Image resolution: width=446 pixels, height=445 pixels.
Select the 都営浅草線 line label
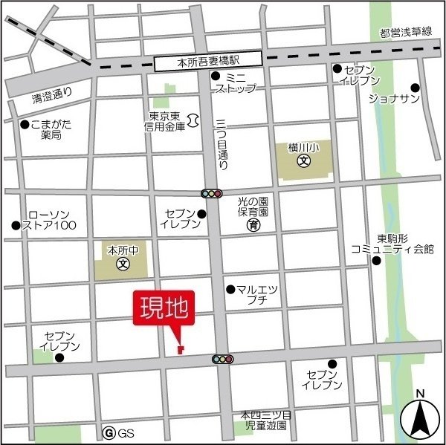coord(404,33)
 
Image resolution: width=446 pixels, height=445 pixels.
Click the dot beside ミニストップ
coord(216,76)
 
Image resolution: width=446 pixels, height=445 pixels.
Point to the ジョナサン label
coord(390,98)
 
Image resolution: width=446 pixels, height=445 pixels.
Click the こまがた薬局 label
coord(52,130)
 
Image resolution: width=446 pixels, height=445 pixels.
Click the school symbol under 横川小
coord(303,160)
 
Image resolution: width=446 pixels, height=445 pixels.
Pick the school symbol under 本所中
coord(122,262)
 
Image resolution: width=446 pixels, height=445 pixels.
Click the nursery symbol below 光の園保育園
coord(253,224)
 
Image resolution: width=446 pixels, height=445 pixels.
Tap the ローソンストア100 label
coord(49,219)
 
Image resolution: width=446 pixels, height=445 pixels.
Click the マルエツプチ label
coord(256,294)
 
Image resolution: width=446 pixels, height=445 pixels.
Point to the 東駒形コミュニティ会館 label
coord(393,244)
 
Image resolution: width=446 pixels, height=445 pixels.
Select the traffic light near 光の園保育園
coord(212,194)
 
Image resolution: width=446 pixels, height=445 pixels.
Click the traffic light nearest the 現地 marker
coord(222,360)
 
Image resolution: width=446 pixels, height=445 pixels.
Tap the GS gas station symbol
coord(109,432)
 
